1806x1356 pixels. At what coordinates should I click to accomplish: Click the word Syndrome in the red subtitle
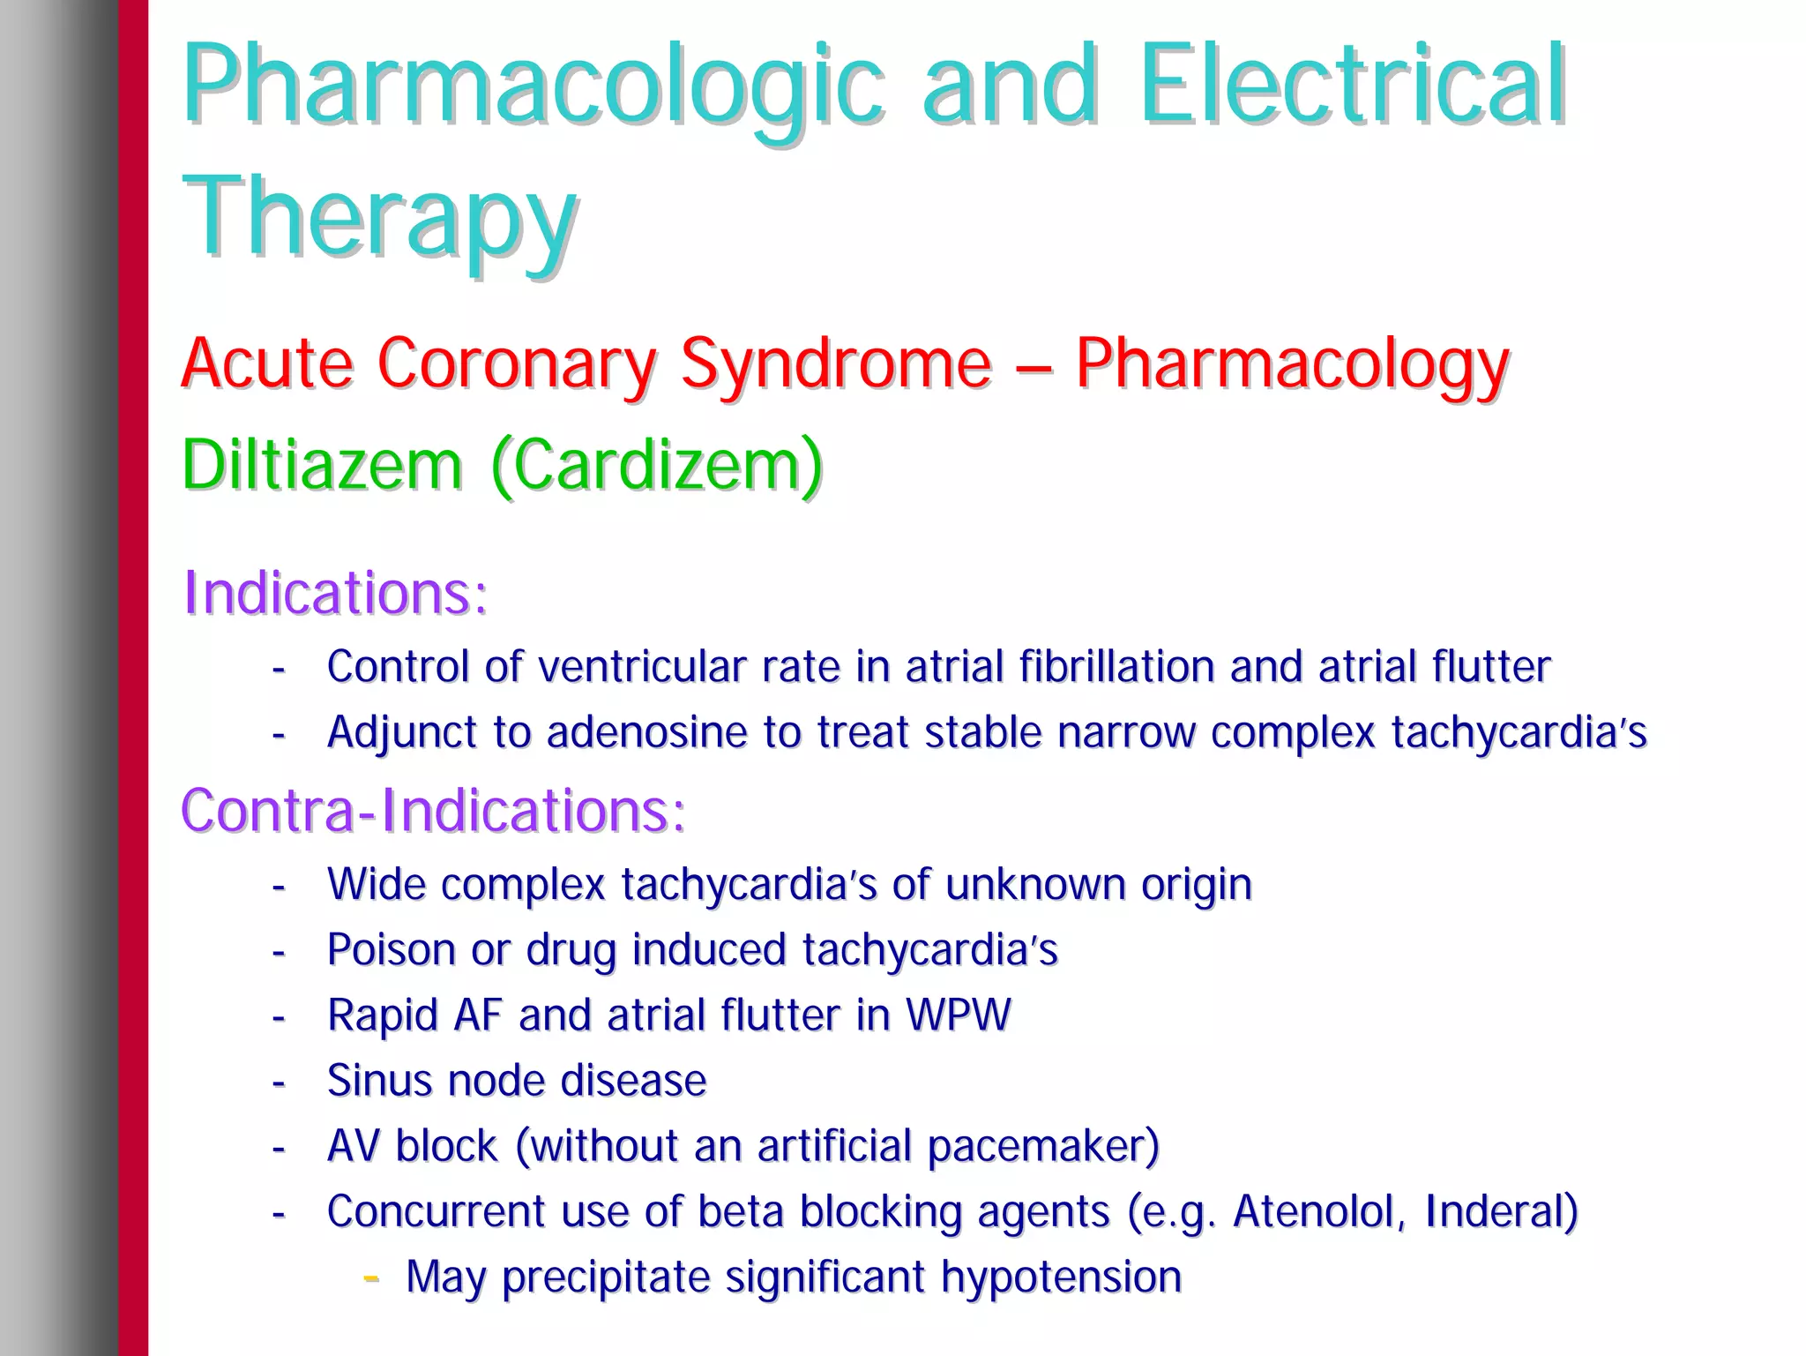(x=836, y=364)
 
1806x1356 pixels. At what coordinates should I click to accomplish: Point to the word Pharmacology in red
(x=1292, y=364)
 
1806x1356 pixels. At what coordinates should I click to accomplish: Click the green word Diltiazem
(x=322, y=465)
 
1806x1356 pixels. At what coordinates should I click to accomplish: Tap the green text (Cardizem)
(x=657, y=465)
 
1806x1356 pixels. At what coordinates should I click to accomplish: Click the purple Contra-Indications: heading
(x=433, y=810)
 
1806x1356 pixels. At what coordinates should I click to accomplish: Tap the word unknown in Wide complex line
(x=1035, y=884)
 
